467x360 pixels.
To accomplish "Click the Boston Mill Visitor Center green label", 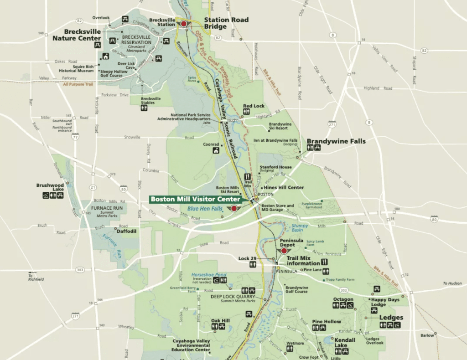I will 195,199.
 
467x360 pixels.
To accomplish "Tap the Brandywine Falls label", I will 336,141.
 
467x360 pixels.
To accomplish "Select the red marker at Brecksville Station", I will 184,24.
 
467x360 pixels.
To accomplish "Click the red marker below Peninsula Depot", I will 284,251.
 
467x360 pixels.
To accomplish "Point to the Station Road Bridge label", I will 226,23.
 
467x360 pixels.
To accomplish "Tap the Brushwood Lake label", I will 50,187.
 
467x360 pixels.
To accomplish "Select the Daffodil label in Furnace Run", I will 127,231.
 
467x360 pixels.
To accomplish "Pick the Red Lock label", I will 254,106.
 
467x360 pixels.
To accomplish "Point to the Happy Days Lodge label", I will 385,302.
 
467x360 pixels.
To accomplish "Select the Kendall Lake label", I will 345,343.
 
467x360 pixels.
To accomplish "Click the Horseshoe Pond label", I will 208,275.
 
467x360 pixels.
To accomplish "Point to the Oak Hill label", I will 220,321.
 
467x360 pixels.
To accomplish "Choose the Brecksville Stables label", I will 150,101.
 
